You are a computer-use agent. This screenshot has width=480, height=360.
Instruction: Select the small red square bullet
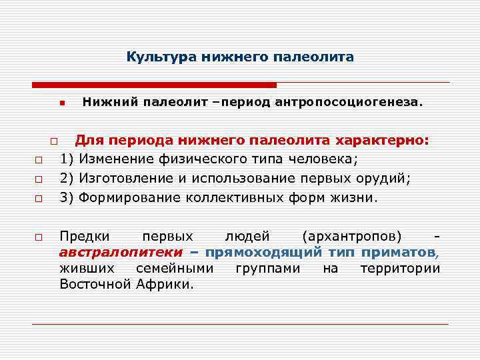coord(60,104)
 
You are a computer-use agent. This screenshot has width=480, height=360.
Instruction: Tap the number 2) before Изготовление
coord(67,179)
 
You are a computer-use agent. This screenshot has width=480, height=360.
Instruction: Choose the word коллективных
coord(239,198)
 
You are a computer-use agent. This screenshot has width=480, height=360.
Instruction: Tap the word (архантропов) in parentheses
coord(351,237)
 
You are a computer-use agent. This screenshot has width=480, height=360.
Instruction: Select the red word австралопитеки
coord(121,253)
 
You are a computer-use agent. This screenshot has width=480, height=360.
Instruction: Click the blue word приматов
coord(398,253)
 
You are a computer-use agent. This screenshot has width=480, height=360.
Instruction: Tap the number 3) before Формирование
coord(67,198)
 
